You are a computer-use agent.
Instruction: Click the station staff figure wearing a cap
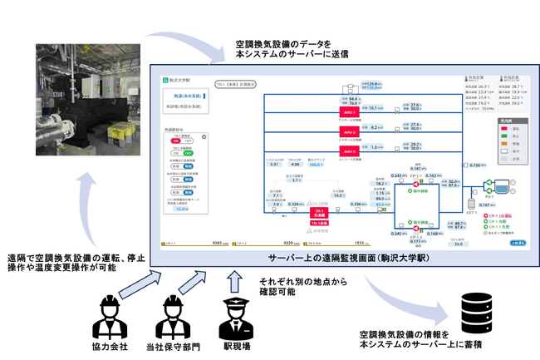coord(233,310)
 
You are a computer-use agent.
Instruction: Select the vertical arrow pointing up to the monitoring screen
coord(234,274)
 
